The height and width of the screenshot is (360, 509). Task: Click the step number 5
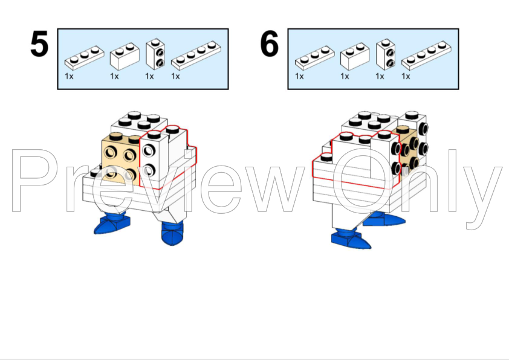pyautogui.click(x=39, y=43)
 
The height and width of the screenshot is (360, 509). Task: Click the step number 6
pyautogui.click(x=270, y=43)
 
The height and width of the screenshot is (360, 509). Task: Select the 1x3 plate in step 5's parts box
pyautogui.click(x=85, y=58)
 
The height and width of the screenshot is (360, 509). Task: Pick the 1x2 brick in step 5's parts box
pyautogui.click(x=125, y=56)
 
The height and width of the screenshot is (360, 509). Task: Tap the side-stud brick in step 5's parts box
pyautogui.click(x=155, y=54)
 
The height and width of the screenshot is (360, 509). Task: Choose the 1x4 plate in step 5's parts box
pyautogui.click(x=196, y=56)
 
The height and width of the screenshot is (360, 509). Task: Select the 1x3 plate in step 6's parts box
pyautogui.click(x=315, y=58)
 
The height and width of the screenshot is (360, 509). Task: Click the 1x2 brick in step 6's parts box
pyautogui.click(x=355, y=56)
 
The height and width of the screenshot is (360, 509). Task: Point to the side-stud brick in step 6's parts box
pyautogui.click(x=386, y=54)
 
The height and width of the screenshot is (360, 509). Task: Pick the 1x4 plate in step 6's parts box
pyautogui.click(x=426, y=56)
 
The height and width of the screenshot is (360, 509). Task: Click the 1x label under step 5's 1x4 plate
pyautogui.click(x=176, y=76)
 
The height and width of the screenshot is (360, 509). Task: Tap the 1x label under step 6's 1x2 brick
pyautogui.click(x=345, y=76)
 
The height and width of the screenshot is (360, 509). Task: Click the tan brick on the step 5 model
pyautogui.click(x=121, y=159)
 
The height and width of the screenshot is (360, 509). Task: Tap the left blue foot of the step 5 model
pyautogui.click(x=112, y=222)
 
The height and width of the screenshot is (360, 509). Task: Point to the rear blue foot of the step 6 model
pyautogui.click(x=384, y=219)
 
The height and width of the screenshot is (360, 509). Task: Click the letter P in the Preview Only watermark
pyautogui.click(x=33, y=181)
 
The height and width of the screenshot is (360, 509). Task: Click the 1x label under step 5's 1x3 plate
pyautogui.click(x=69, y=76)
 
